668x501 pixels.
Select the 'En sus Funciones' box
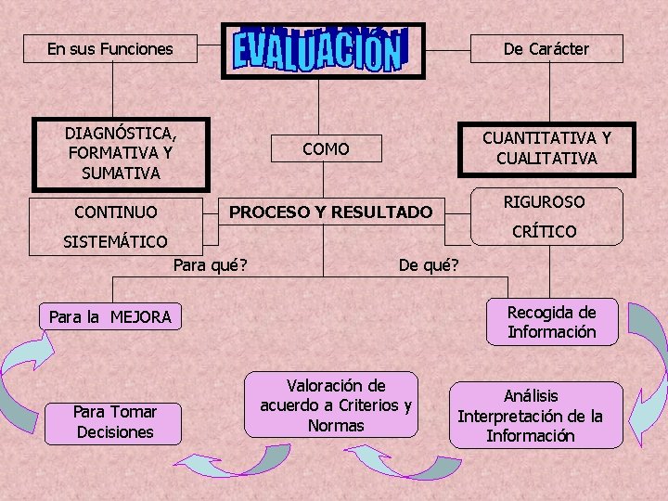click(110, 49)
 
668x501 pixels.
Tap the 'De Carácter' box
click(546, 49)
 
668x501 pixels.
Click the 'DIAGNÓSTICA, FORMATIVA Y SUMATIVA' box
click(121, 153)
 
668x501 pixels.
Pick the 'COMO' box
click(326, 148)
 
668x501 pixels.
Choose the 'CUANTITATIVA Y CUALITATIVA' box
click(546, 148)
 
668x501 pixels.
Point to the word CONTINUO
click(116, 212)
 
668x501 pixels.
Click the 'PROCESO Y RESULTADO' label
click(330, 212)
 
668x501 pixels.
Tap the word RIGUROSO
click(544, 201)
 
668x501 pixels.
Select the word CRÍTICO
click(545, 231)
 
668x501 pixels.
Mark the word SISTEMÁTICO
click(115, 242)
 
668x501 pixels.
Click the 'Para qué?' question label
click(210, 266)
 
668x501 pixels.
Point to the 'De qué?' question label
click(429, 266)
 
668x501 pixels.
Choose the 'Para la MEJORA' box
click(110, 317)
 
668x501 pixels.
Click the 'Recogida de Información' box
click(551, 322)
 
